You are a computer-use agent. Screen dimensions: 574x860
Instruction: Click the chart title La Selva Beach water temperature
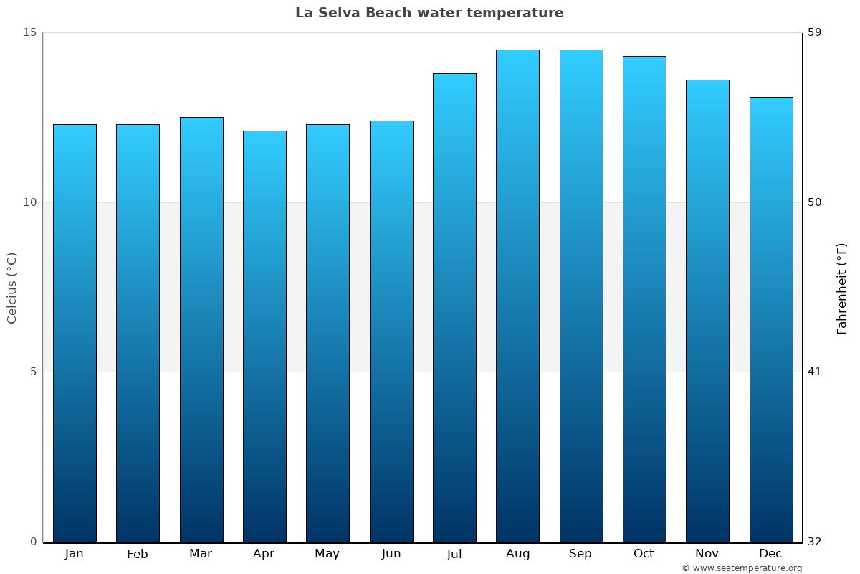[429, 13]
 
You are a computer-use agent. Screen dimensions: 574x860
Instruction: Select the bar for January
[75, 333]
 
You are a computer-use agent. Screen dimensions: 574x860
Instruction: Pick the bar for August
[517, 296]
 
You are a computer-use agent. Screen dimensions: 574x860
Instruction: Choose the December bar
[771, 319]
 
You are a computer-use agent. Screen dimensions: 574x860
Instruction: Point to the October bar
[644, 298]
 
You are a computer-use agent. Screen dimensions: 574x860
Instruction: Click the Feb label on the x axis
[137, 554]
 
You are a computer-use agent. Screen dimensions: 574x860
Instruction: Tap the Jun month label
[391, 554]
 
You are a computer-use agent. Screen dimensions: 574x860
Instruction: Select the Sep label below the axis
[580, 554]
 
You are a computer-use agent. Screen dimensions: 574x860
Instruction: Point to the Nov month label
[707, 554]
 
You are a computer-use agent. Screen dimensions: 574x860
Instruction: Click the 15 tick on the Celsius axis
[29, 32]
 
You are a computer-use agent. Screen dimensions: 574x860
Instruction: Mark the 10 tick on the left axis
[29, 202]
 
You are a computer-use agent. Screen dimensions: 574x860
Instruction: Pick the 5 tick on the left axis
[32, 372]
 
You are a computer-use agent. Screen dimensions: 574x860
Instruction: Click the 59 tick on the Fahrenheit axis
[815, 32]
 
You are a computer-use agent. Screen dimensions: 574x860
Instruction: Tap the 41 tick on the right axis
[815, 372]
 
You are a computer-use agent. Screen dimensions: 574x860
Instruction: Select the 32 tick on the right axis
[815, 542]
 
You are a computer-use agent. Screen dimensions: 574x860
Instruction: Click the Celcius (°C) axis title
[11, 288]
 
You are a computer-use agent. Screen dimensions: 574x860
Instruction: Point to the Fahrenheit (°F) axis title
[842, 288]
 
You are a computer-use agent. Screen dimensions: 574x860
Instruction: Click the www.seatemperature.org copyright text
[742, 568]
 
